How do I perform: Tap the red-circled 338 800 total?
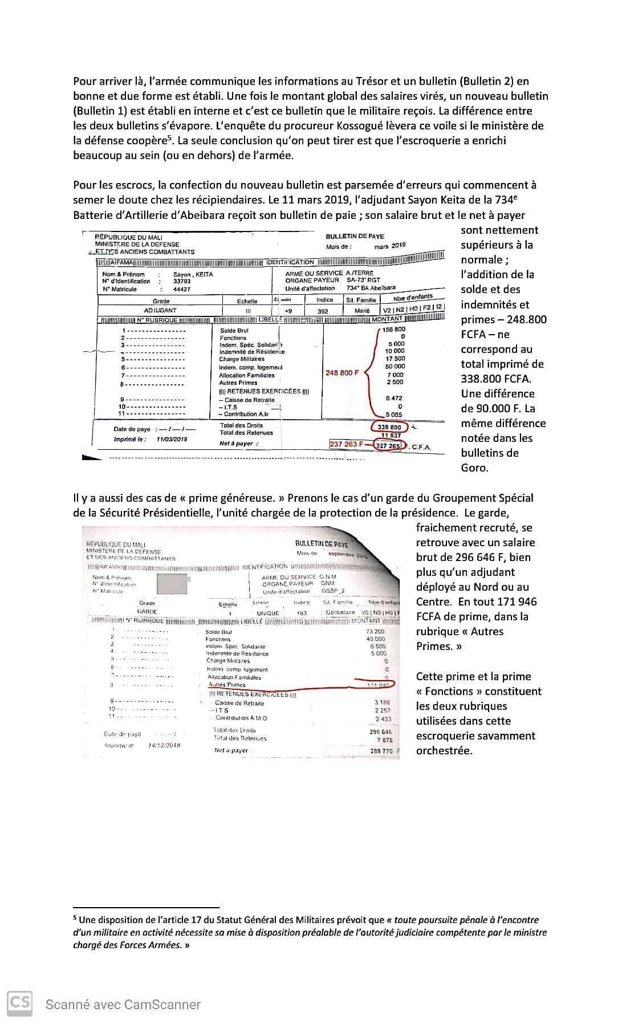(x=389, y=427)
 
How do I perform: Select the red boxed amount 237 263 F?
(x=346, y=444)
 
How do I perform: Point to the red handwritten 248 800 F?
(x=342, y=373)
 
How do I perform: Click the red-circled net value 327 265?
(x=388, y=446)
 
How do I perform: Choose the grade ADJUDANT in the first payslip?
(x=160, y=311)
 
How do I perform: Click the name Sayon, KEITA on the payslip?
(x=193, y=274)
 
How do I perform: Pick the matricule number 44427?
(x=182, y=289)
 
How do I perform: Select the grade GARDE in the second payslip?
(x=147, y=611)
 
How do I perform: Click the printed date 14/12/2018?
(x=164, y=745)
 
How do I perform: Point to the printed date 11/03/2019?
(x=172, y=439)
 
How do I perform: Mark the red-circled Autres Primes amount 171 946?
(x=376, y=684)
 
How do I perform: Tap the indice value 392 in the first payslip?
(x=323, y=311)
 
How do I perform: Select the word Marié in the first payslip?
(x=362, y=311)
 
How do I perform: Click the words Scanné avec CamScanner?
(x=123, y=1005)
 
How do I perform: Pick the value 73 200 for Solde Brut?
(x=375, y=632)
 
